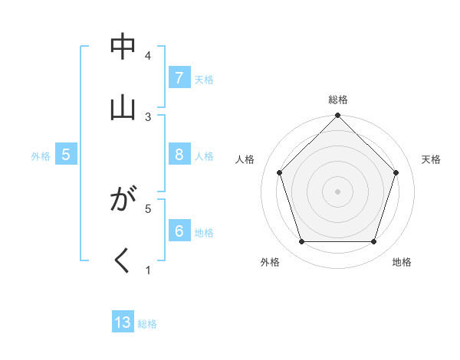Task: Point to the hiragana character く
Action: [123, 261]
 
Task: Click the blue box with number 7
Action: [179, 78]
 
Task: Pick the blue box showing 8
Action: [179, 155]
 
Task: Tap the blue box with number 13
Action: [123, 322]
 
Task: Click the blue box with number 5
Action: [66, 155]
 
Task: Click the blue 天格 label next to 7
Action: [204, 79]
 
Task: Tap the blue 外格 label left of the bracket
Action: [41, 155]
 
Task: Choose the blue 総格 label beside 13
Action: [147, 323]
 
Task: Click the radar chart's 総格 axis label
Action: [338, 100]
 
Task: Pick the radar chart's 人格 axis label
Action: [245, 159]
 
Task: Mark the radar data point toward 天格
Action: [396, 172]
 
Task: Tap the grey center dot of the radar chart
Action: [338, 191]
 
